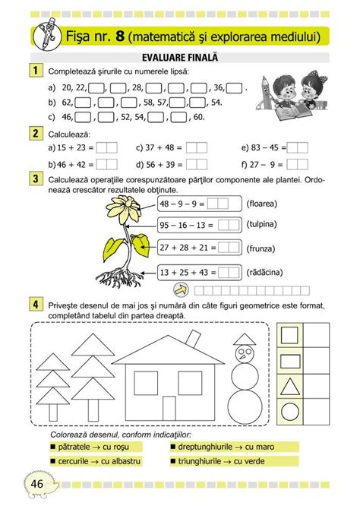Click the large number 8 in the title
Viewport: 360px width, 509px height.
coord(118,35)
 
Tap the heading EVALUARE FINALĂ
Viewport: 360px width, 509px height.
coord(180,57)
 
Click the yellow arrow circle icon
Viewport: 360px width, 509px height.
coord(180,289)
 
